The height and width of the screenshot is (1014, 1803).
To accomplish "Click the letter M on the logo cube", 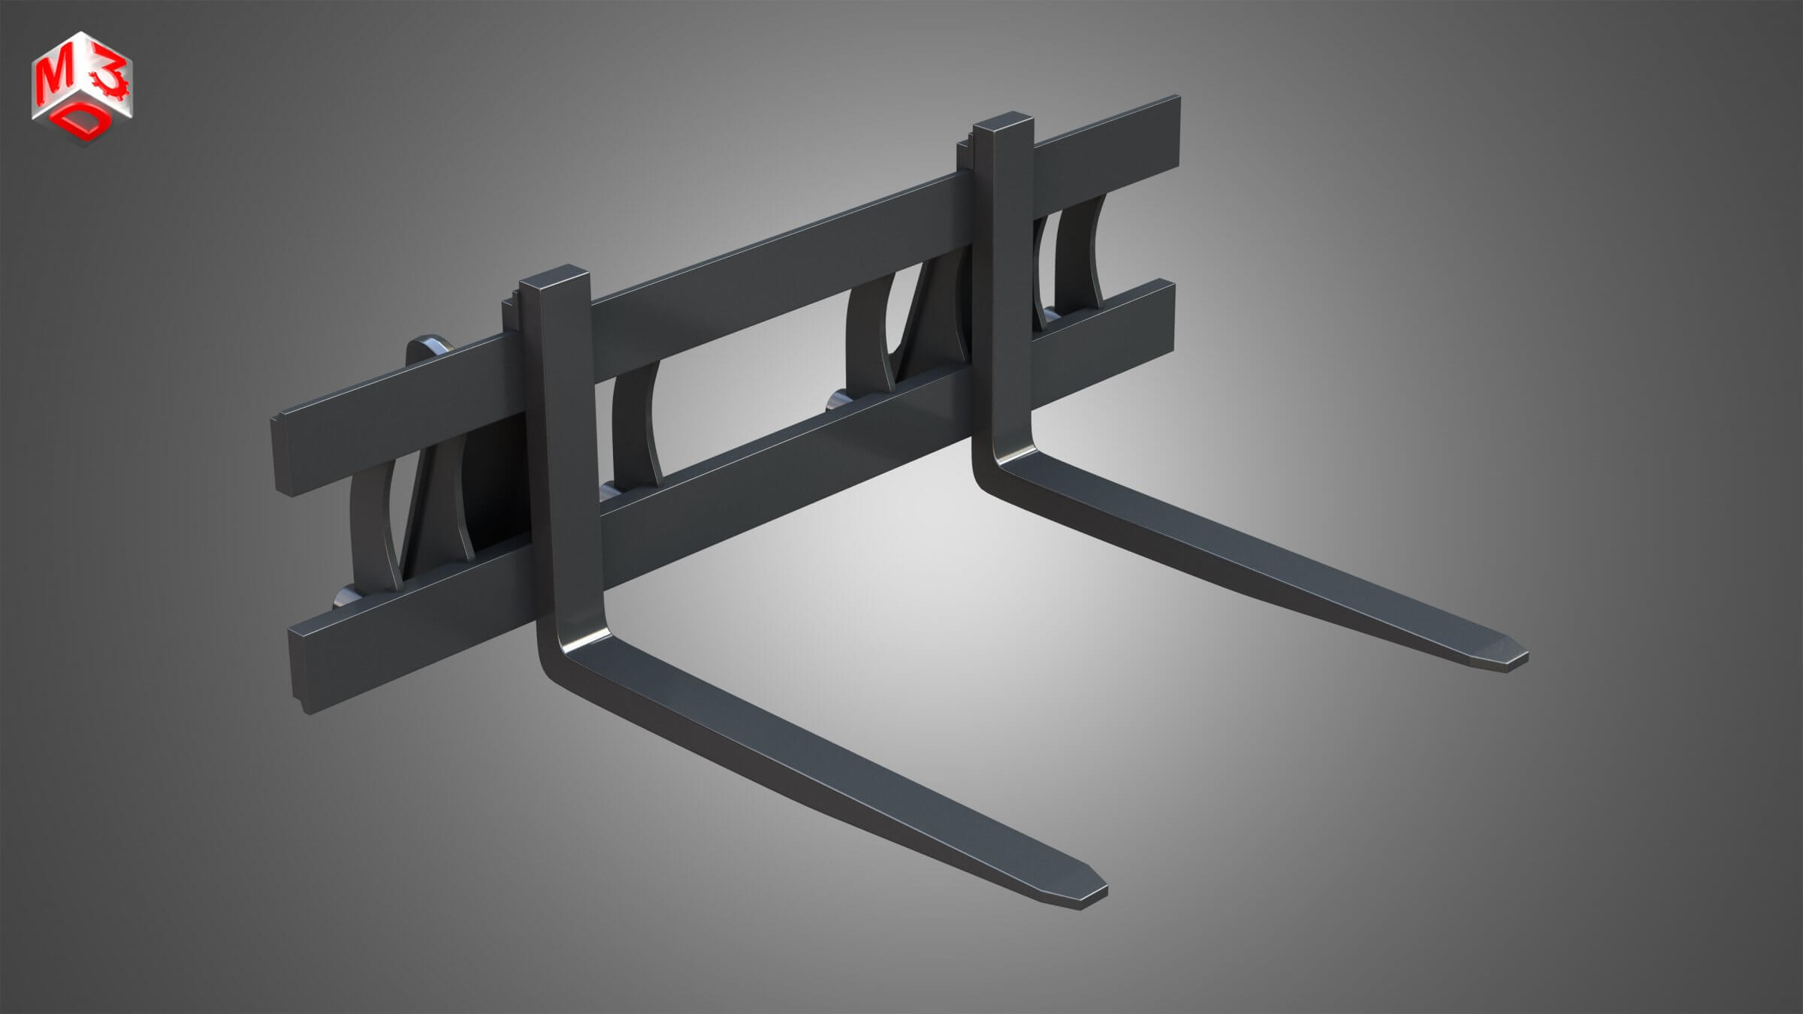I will (53, 74).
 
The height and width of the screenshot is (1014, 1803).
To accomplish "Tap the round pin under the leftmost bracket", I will (347, 597).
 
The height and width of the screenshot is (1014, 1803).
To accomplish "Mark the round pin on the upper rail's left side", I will (428, 343).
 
